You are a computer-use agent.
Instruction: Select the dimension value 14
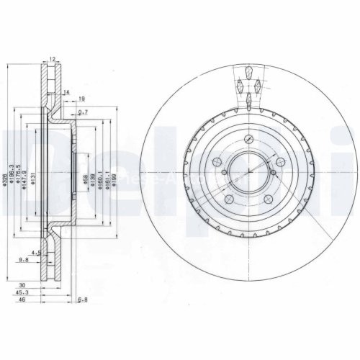click(x=66, y=93)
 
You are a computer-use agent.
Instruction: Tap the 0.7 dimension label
click(x=83, y=112)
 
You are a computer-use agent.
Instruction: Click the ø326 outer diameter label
click(x=5, y=172)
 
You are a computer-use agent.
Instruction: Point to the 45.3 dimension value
click(x=24, y=292)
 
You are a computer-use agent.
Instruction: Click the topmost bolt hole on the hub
click(x=248, y=140)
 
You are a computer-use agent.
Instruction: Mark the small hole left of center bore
click(x=224, y=172)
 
